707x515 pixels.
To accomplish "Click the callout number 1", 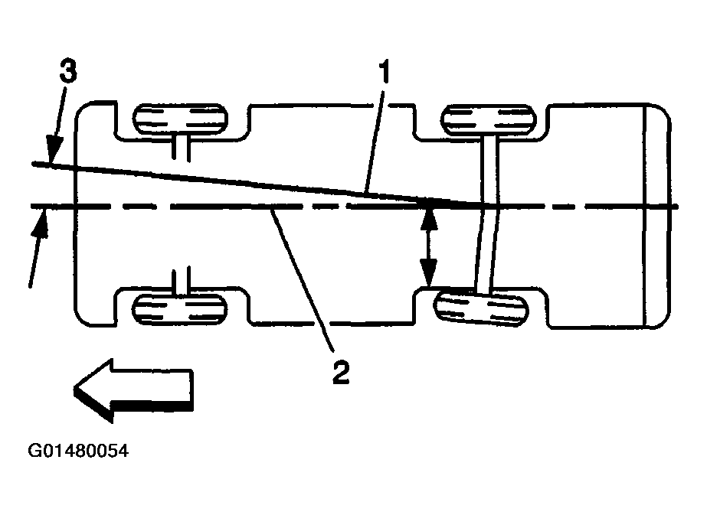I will click(383, 73).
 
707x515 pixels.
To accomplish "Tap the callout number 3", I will click(68, 74).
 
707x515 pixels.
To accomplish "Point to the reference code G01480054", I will click(78, 451).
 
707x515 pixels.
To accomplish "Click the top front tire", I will click(181, 120).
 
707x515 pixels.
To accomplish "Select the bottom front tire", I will click(181, 308).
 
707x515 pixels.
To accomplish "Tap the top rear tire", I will click(487, 120).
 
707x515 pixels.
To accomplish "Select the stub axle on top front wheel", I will click(182, 145).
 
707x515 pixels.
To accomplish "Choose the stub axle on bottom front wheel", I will click(182, 281).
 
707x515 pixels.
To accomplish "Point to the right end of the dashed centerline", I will click(674, 207).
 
